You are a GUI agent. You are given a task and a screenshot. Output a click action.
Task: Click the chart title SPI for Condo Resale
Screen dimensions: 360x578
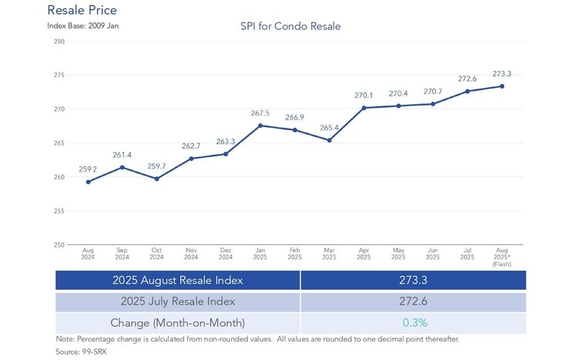(291, 26)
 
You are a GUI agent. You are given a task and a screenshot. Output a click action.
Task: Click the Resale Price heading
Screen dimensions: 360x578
(82, 11)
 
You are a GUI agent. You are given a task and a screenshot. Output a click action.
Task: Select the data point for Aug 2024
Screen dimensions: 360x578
(89, 182)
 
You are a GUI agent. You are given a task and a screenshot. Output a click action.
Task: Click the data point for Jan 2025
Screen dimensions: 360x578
(260, 126)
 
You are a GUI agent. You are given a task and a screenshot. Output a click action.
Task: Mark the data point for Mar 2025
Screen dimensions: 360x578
(329, 140)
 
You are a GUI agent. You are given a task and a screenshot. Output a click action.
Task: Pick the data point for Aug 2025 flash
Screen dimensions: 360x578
(502, 86)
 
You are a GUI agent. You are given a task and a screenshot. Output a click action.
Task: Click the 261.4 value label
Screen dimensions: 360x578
(123, 155)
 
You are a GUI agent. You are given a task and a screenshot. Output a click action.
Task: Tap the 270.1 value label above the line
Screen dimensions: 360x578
(364, 96)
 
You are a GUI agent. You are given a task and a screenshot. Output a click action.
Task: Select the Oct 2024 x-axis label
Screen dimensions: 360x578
(157, 253)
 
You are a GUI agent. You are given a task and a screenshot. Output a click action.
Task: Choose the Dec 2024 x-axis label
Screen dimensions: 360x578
(226, 253)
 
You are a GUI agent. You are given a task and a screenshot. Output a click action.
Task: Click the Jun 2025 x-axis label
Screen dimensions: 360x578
(433, 253)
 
